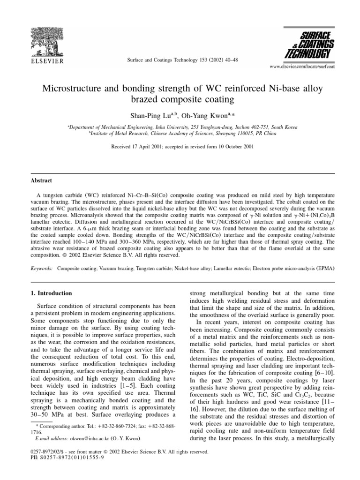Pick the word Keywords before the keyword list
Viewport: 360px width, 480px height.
click(x=38, y=270)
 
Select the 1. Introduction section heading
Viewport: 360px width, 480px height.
click(x=45, y=293)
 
